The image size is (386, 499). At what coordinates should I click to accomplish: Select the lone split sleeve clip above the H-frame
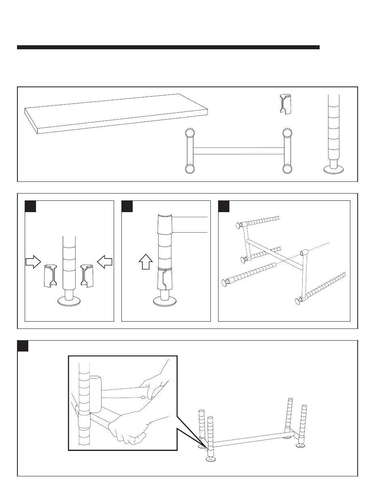[285, 104]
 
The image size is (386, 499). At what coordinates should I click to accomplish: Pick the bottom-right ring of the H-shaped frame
[287, 168]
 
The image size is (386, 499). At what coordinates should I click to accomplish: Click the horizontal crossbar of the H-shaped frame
[238, 151]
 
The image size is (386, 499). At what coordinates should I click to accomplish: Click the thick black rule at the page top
[168, 47]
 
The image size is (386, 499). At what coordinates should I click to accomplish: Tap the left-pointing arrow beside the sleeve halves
[104, 262]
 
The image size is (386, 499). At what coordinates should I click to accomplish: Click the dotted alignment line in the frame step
[320, 246]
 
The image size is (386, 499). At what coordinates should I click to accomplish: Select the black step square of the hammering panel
[23, 346]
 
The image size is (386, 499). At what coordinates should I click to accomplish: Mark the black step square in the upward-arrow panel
[127, 206]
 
